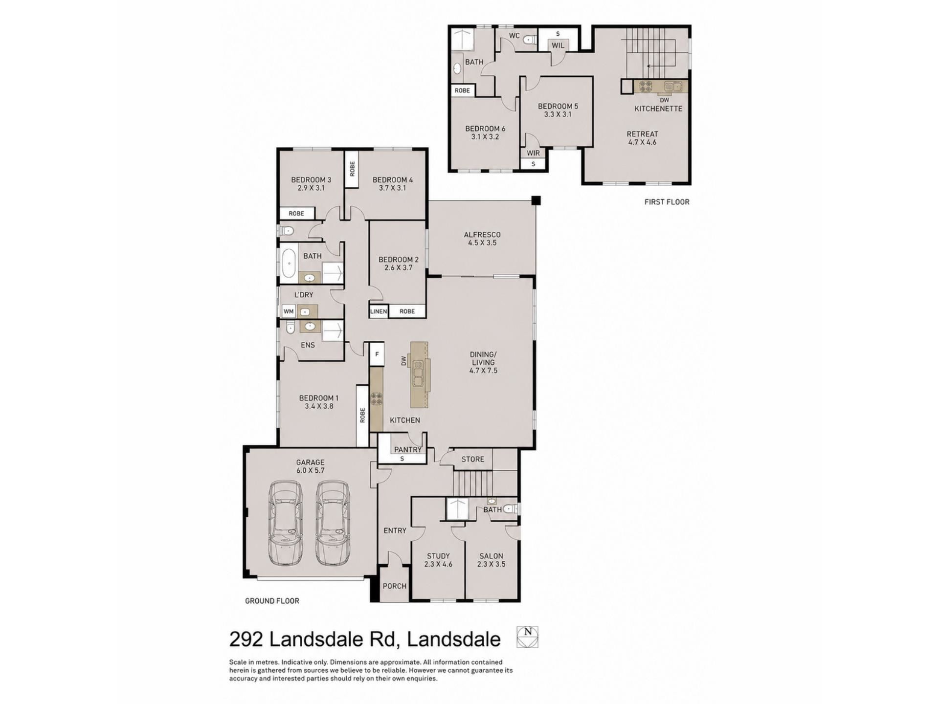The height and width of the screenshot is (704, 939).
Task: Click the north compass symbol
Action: (527, 637)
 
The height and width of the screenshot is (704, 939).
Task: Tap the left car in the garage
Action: (285, 523)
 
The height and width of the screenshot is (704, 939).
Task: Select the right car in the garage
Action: (333, 523)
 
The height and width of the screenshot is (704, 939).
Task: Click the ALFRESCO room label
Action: (482, 235)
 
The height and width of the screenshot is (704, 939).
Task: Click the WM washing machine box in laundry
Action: (289, 311)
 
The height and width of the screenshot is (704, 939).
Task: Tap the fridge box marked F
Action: (377, 354)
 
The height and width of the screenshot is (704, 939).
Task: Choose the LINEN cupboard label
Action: (379, 311)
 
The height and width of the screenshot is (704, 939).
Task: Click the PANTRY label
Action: (408, 450)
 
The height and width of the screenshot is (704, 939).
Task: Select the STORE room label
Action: (473, 459)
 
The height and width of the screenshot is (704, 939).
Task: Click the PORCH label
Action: (395, 586)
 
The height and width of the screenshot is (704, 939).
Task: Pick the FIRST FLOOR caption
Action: (667, 202)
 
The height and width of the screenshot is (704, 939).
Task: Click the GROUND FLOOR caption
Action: (272, 601)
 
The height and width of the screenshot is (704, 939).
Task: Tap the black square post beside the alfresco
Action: (536, 200)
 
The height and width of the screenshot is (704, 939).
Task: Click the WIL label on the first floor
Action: (558, 45)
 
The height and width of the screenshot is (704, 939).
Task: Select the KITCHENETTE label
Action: (658, 109)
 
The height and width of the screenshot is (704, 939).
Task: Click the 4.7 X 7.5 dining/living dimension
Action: (483, 371)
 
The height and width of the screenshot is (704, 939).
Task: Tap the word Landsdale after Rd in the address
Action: (454, 639)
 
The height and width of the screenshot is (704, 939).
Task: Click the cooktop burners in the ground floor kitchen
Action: (376, 398)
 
